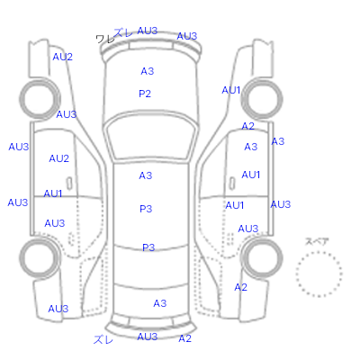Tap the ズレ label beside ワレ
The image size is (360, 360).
click(x=123, y=32)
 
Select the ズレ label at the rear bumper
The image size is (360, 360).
click(x=103, y=339)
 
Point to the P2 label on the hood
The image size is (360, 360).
click(x=145, y=94)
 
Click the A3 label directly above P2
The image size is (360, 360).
click(x=148, y=71)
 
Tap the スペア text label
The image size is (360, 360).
click(x=317, y=241)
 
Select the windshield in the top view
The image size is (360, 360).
click(x=152, y=138)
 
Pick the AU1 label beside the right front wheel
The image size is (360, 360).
click(x=231, y=90)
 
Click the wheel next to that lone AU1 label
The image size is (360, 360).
click(x=262, y=99)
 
